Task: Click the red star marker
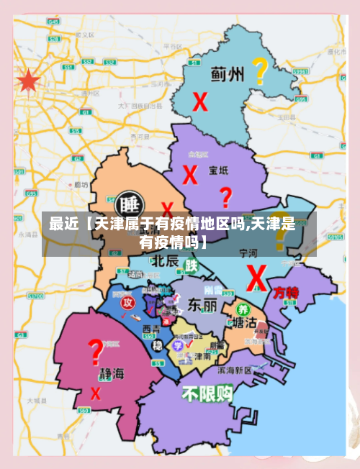click(x=27, y=81)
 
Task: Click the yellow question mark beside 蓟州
click(x=260, y=71)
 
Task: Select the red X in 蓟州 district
click(x=200, y=101)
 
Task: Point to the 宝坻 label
click(x=219, y=170)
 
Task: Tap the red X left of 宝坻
click(x=190, y=174)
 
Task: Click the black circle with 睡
click(x=130, y=203)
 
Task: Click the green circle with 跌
click(x=191, y=265)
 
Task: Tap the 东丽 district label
click(x=202, y=305)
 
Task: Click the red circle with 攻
click(x=128, y=302)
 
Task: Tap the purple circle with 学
click(x=176, y=345)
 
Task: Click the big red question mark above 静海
click(x=94, y=352)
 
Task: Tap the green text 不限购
click(x=207, y=393)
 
